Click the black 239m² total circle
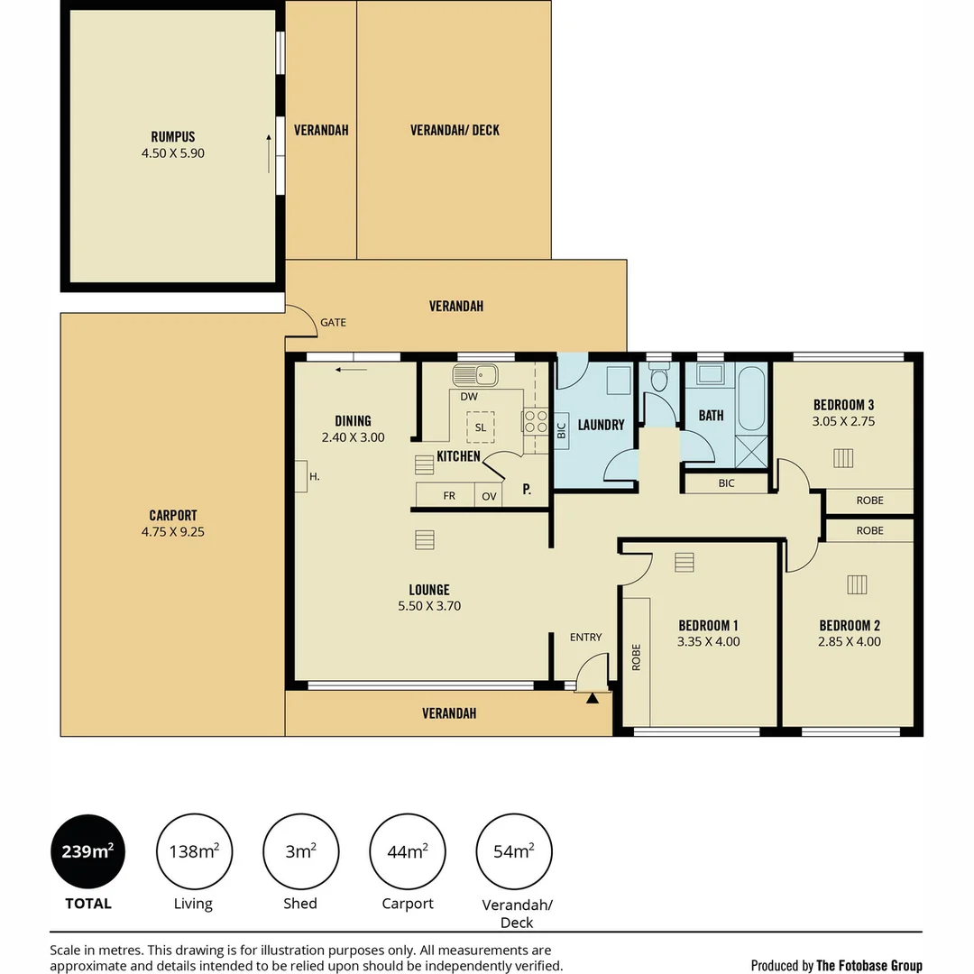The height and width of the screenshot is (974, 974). point(87,851)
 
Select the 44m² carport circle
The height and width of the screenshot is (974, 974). point(408,851)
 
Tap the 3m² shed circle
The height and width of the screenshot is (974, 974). point(300,851)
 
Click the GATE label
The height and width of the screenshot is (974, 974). point(333,322)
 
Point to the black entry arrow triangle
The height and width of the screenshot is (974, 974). point(592,698)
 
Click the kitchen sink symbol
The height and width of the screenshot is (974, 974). point(475,375)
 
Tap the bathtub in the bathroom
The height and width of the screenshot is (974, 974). point(751,399)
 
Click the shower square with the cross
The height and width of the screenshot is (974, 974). point(751,452)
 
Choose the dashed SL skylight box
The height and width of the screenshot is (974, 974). point(480,427)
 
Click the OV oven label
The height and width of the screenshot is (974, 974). point(489,496)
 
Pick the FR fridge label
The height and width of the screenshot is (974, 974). point(449,496)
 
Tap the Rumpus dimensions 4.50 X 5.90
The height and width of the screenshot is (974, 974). point(172,152)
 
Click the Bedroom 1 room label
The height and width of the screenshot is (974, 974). point(708,626)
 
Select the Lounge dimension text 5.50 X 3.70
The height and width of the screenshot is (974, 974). point(429,606)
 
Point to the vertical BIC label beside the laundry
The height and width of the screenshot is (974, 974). point(562,430)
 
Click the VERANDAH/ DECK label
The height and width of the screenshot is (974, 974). point(455,130)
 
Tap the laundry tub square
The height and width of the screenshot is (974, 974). point(619,381)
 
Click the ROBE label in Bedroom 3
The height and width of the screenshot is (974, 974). point(869,500)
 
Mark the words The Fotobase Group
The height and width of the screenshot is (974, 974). point(869,965)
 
